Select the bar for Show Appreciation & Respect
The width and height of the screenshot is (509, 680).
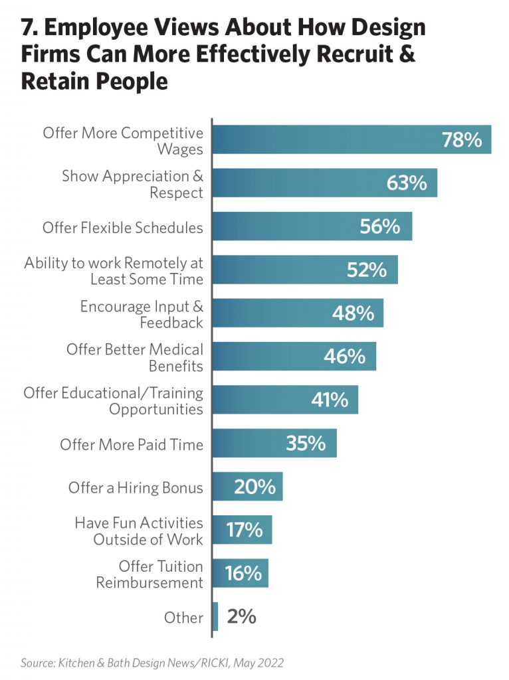(x=299, y=183)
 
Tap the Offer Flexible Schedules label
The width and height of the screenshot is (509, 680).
(x=123, y=228)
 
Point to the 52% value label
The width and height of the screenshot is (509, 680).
(x=366, y=270)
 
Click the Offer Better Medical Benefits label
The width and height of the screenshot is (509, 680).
(x=135, y=357)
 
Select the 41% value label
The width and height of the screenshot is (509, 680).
(x=330, y=400)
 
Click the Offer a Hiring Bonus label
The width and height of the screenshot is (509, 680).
(x=136, y=488)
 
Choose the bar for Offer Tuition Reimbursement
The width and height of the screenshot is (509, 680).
(x=226, y=573)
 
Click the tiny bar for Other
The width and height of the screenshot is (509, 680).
(x=215, y=616)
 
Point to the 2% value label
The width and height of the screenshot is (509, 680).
(x=241, y=616)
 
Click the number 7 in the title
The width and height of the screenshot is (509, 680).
(x=26, y=29)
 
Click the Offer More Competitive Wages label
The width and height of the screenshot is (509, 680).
(x=123, y=140)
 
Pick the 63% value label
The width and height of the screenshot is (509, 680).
(x=407, y=183)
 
